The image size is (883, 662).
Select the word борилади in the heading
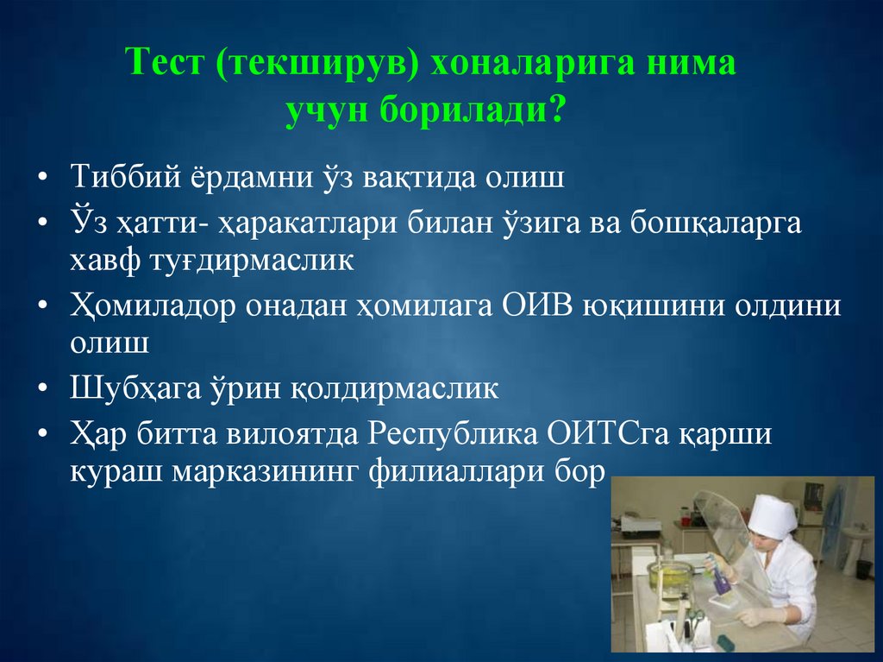point(462,111)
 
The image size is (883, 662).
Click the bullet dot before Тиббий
point(42,179)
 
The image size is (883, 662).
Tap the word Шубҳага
point(133,388)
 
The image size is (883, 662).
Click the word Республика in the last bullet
point(454,432)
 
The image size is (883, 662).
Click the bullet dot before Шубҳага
point(42,388)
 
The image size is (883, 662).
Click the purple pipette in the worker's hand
point(715,567)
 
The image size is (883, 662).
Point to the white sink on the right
point(856,544)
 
